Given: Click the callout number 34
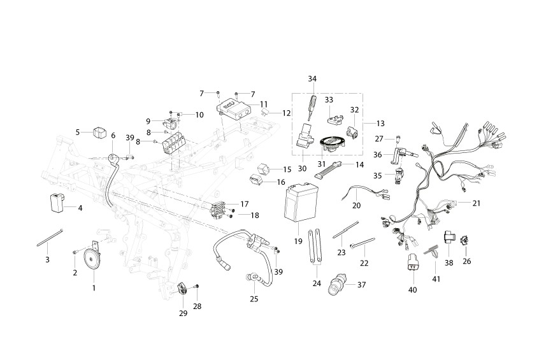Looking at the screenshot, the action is (312, 78).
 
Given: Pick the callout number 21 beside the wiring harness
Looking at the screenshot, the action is (477, 203).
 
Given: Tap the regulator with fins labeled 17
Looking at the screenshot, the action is (219, 210).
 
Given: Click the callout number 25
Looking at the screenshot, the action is (254, 299).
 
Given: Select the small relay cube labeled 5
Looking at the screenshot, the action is (99, 133).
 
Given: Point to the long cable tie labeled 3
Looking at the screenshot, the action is (50, 237).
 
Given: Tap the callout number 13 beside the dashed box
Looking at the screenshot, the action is (380, 124).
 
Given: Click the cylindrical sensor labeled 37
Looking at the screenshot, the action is (336, 285).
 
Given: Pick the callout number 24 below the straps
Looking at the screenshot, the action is (317, 283).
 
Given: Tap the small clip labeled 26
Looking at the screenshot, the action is (465, 240).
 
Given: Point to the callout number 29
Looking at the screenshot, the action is (183, 313).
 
